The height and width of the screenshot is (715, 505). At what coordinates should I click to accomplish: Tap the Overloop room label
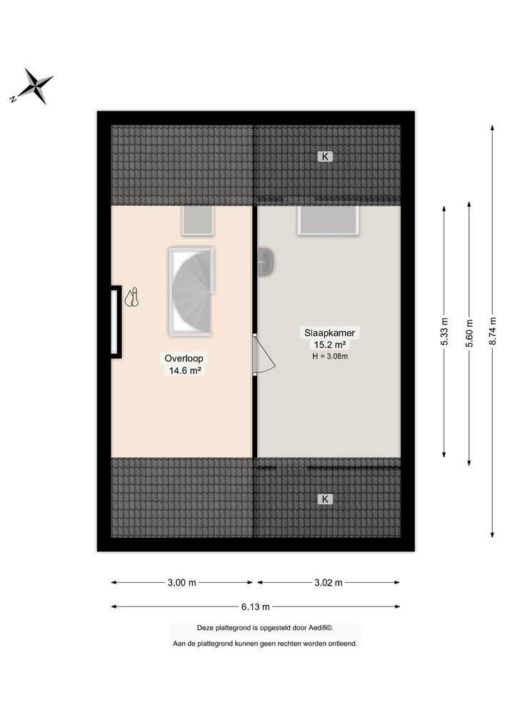[x=184, y=358]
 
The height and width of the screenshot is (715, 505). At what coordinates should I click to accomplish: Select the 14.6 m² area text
[x=185, y=370]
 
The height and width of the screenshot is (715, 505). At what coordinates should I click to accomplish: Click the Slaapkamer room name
[x=330, y=333]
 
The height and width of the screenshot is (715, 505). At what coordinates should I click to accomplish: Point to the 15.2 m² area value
[x=330, y=345]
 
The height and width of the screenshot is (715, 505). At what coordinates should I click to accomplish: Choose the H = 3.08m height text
[x=330, y=356]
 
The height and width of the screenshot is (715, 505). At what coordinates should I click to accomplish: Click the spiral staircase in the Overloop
[x=191, y=292]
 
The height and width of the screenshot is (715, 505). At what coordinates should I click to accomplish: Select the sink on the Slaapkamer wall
[x=266, y=262]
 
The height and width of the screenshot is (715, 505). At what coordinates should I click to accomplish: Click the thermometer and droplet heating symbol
[x=131, y=297]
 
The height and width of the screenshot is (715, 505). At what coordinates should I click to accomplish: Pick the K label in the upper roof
[x=325, y=157]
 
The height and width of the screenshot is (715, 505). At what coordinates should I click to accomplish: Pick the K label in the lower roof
[x=325, y=499]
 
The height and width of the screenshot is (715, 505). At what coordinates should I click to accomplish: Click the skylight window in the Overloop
[x=198, y=221]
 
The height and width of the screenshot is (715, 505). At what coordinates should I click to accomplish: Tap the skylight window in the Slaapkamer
[x=329, y=221]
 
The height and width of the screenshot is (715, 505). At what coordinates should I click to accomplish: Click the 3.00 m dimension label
[x=181, y=582]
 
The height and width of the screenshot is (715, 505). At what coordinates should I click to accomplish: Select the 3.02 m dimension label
[x=329, y=582]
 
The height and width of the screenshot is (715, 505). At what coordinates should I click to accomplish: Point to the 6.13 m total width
[x=256, y=606]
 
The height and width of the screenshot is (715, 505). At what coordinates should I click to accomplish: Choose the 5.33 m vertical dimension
[x=444, y=332]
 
